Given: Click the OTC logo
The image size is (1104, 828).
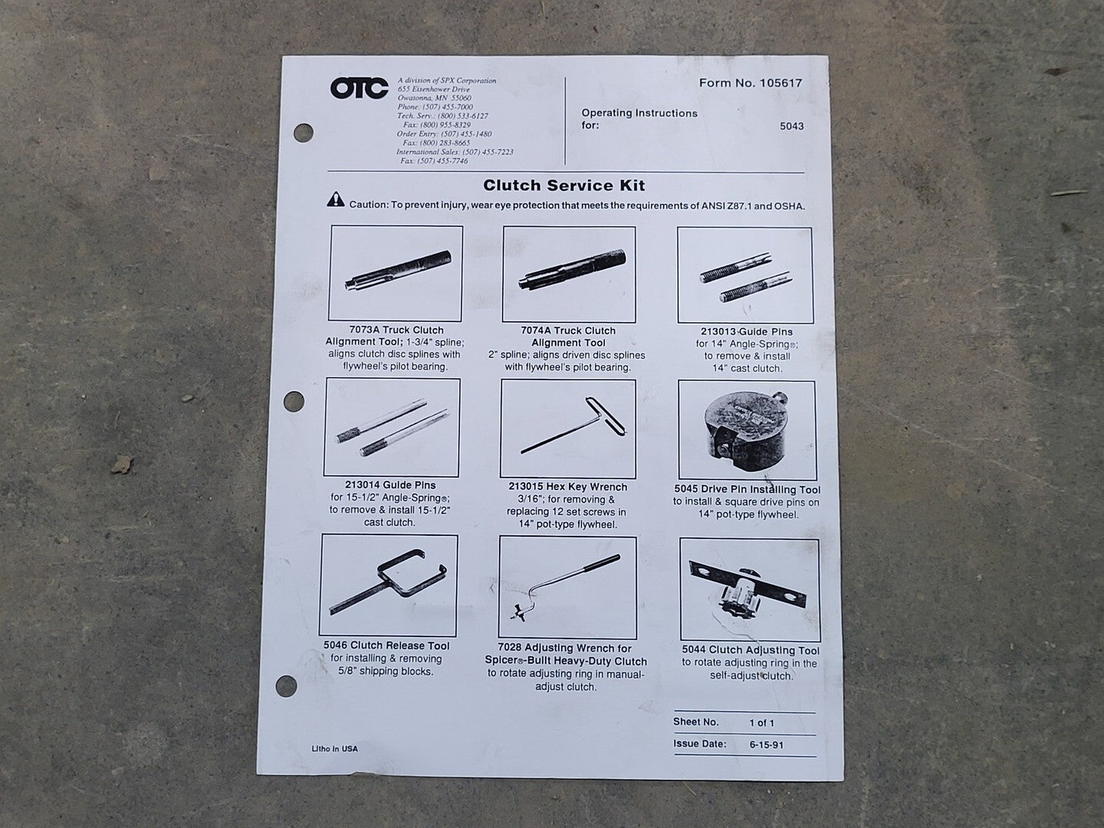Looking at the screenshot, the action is coord(359,88).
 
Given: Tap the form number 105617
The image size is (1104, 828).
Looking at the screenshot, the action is coord(780,83).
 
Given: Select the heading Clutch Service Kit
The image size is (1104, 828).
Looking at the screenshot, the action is coord(563,186).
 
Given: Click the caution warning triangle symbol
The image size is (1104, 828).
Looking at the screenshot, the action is coord(336,200).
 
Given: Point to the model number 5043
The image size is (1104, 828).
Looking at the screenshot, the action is coord(792,127).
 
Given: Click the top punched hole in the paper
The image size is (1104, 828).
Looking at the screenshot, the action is coord(304,133).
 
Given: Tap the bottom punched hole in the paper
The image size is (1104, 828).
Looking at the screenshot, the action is coord(286,686).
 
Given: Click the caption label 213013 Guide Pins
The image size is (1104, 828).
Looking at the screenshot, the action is coord(747,332).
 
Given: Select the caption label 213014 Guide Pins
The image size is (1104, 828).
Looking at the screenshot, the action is coord(390,485).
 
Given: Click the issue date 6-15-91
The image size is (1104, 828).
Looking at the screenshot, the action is coord(767,744).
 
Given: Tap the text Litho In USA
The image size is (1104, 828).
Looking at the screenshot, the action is coord(334,748).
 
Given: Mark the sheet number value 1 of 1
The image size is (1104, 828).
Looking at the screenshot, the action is coord(761,723).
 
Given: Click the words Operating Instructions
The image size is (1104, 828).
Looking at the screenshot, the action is coord(639,113).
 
